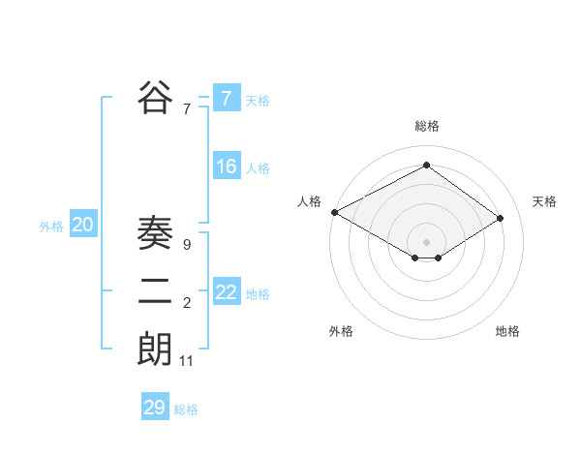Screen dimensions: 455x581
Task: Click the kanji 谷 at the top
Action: pyautogui.click(x=155, y=98)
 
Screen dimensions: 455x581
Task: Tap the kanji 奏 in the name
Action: pyautogui.click(x=155, y=235)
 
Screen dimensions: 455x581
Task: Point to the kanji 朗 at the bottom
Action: pyautogui.click(x=155, y=349)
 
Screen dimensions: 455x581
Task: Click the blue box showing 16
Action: pyautogui.click(x=227, y=167)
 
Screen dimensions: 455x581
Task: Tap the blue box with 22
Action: pyautogui.click(x=227, y=292)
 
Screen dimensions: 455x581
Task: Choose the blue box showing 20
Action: pyautogui.click(x=83, y=226)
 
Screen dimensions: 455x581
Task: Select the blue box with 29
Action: pyautogui.click(x=155, y=408)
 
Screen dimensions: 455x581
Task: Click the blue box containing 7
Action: pyautogui.click(x=227, y=99)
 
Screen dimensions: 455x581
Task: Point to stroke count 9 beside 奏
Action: pyautogui.click(x=186, y=245)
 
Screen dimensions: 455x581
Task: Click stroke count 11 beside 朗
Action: pyautogui.click(x=187, y=361)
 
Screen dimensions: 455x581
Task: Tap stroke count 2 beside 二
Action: pyautogui.click(x=186, y=303)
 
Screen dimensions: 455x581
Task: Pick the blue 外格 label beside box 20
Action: pyautogui.click(x=51, y=227)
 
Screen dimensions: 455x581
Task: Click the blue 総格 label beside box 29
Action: pyautogui.click(x=186, y=409)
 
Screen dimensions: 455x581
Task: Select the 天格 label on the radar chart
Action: pyautogui.click(x=545, y=201)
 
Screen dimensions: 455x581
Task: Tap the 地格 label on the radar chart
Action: pyautogui.click(x=507, y=331)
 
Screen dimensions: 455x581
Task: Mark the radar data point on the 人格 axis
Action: pyautogui.click(x=334, y=212)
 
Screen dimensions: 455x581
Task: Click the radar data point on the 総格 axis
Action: pyautogui.click(x=426, y=166)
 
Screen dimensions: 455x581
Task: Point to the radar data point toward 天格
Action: pyautogui.click(x=501, y=218)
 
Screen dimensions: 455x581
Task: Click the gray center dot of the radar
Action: pyautogui.click(x=426, y=241)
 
